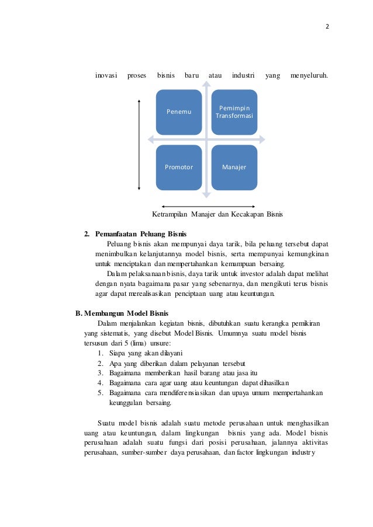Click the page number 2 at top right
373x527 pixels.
(327, 26)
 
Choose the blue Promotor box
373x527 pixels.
(179, 167)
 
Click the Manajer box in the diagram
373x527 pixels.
(234, 167)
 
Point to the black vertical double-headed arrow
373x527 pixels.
(139, 145)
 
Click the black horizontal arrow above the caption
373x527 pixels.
(204, 206)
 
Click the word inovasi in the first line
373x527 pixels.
(106, 75)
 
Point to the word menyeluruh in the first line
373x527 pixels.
(309, 75)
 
